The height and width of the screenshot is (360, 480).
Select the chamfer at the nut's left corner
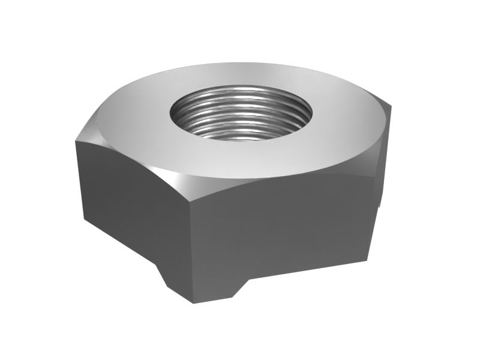90,129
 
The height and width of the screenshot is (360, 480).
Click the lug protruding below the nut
198,282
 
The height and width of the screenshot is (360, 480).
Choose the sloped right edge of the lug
240,288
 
